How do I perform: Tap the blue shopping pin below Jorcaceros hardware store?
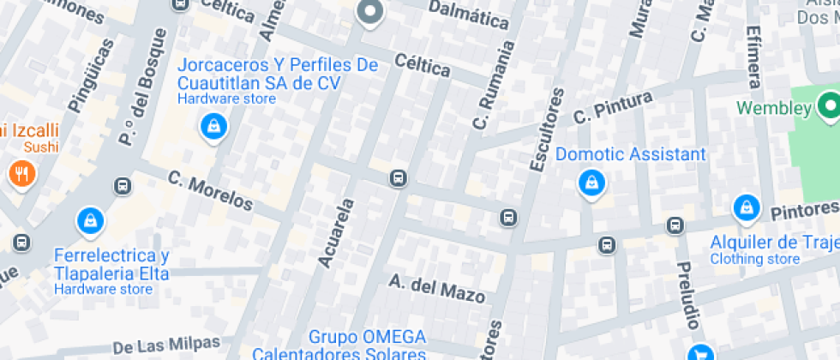point(212,128)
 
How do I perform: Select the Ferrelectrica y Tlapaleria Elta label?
point(111,265)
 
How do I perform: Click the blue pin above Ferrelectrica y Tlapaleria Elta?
point(91,220)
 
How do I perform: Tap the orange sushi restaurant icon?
point(21,174)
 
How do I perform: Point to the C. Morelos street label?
point(211,190)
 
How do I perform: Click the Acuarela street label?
point(336,232)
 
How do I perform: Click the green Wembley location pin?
point(828,107)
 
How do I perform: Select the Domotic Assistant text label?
point(630,154)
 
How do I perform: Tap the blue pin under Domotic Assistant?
point(591,182)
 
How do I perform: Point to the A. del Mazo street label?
point(437,289)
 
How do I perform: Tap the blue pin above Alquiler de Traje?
point(746,208)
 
